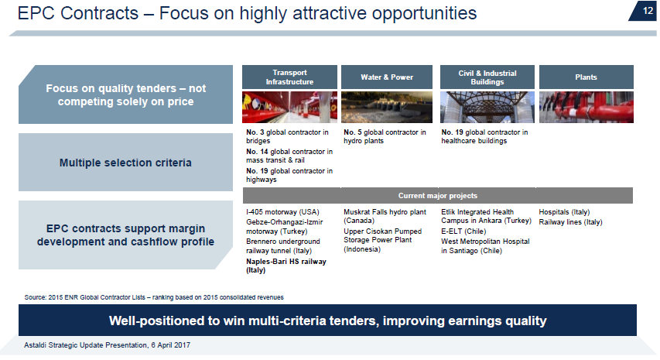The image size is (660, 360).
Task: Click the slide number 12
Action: click(x=648, y=11)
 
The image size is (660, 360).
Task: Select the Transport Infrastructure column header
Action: click(x=289, y=77)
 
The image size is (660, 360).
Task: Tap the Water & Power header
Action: click(x=387, y=77)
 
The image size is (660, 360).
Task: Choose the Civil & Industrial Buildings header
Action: click(x=487, y=77)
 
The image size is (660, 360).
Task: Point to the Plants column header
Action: click(x=586, y=77)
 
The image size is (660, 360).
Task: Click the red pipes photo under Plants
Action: click(x=586, y=108)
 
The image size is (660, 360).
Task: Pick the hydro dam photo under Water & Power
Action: click(x=387, y=108)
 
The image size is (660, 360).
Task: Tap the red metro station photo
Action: click(x=289, y=108)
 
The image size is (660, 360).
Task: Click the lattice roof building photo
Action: click(x=487, y=108)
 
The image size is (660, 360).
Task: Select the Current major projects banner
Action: click(x=438, y=196)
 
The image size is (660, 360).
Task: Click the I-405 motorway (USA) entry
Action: click(x=283, y=212)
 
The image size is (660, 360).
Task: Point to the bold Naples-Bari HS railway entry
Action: click(x=286, y=266)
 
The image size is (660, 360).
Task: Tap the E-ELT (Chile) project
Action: click(x=463, y=231)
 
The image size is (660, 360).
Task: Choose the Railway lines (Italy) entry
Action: click(x=570, y=222)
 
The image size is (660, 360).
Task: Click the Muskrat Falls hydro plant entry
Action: click(x=385, y=216)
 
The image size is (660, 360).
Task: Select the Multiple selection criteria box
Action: click(x=125, y=162)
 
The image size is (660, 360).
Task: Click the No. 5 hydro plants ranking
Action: click(x=385, y=136)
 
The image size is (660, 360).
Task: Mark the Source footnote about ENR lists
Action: click(x=154, y=297)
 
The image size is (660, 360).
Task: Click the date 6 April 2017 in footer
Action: click(x=171, y=345)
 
